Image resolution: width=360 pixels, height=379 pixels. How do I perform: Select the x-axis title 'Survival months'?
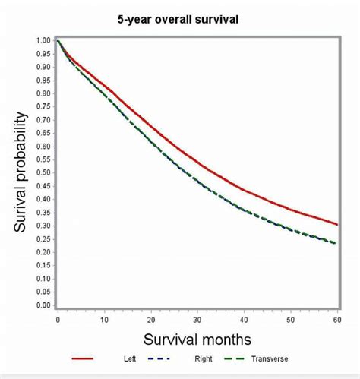[x=197, y=338]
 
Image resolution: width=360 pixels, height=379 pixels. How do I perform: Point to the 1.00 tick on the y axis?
[x=43, y=40]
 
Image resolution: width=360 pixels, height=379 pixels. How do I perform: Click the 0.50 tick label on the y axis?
[x=43, y=172]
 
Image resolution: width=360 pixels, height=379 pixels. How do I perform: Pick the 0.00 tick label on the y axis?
[x=43, y=305]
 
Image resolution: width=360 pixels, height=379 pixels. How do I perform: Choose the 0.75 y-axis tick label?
[x=43, y=106]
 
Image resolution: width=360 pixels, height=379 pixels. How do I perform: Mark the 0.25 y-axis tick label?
[x=43, y=239]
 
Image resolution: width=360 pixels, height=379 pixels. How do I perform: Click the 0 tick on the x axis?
[x=58, y=321]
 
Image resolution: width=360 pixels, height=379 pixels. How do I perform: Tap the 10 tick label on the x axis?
[x=104, y=321]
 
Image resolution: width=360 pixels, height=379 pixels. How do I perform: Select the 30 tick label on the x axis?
[x=197, y=321]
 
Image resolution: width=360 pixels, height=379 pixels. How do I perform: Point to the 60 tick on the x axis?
[x=336, y=321]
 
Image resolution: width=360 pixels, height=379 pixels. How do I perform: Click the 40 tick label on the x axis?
[x=244, y=321]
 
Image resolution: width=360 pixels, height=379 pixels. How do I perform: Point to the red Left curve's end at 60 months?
[x=336, y=224]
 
